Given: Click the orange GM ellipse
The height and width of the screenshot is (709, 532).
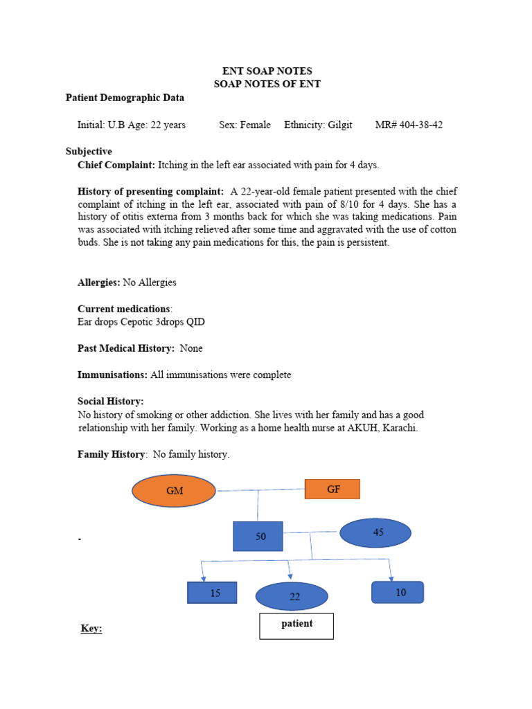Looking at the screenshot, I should pos(174,490).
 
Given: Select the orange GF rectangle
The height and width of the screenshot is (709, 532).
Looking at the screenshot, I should pos(332,490).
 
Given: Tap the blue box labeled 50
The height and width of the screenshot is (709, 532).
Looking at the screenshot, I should pos(258,537).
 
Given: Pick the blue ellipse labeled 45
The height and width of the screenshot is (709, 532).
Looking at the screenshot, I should pos(375,532).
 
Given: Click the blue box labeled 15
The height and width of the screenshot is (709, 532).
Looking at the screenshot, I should pos(212,593).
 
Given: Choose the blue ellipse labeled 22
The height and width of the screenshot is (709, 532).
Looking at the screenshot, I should pos(292,596).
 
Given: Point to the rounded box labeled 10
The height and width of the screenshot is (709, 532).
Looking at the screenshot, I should pos(398,592).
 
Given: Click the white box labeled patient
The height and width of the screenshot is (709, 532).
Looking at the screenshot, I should pos(296,625).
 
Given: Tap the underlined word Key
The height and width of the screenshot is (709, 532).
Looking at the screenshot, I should pos(91,629).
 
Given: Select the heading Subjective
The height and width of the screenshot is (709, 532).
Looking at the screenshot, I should pos(89,151).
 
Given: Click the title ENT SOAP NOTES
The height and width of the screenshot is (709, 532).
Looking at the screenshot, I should pos(267,71).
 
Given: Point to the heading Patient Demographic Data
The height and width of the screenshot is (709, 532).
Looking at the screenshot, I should pos(125,98).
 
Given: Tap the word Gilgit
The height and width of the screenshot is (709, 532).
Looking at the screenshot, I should pos(339,125).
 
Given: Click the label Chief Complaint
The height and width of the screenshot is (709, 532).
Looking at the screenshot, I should pos(116,165).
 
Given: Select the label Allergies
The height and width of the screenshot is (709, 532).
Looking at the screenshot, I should pos(99,282).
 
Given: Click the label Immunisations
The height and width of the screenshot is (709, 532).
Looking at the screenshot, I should pos(112,375).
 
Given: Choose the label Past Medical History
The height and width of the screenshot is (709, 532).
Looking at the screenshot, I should pos(125,348).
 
